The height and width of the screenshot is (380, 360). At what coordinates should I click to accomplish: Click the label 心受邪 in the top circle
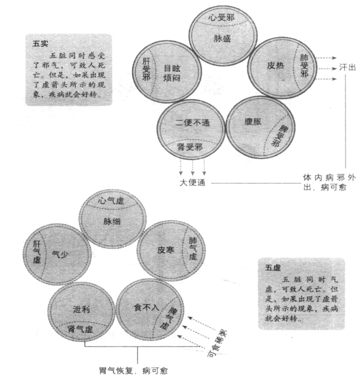pyautogui.click(x=221, y=17)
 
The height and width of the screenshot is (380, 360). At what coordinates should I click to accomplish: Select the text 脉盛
pyautogui.click(x=222, y=38)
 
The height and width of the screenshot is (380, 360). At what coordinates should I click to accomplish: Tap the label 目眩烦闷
pyautogui.click(x=172, y=73)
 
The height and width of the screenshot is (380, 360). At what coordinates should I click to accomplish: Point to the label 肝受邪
pyautogui.click(x=146, y=69)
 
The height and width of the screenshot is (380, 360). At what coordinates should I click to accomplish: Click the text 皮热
pyautogui.click(x=275, y=65)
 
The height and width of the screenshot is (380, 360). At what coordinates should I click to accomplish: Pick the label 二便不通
pyautogui.click(x=192, y=123)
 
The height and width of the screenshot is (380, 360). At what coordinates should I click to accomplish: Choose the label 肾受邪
pyautogui.click(x=190, y=146)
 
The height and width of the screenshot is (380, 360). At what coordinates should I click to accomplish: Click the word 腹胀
pyautogui.click(x=253, y=122)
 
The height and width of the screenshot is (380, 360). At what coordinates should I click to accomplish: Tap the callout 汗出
pyautogui.click(x=348, y=67)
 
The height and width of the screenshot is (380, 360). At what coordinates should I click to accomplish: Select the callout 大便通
pyautogui.click(x=192, y=182)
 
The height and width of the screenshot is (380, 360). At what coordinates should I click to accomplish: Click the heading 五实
pyautogui.click(x=41, y=44)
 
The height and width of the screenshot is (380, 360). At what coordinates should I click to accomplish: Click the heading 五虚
pyautogui.click(x=273, y=268)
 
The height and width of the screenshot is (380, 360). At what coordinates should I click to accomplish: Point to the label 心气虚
pyautogui.click(x=111, y=201)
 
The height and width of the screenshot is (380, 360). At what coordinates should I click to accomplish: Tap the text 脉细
pyautogui.click(x=112, y=221)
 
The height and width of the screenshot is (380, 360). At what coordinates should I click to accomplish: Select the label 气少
pyautogui.click(x=60, y=254)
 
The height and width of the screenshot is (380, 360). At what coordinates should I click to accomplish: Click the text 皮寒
pyautogui.click(x=166, y=250)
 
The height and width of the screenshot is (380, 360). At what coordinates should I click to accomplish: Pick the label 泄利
pyautogui.click(x=81, y=309)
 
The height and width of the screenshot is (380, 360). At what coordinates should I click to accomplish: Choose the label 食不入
pyautogui.click(x=147, y=307)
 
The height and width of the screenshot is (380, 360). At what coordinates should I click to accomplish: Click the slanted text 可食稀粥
pyautogui.click(x=217, y=343)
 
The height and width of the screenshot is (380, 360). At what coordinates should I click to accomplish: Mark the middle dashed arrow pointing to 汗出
pyautogui.click(x=327, y=68)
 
